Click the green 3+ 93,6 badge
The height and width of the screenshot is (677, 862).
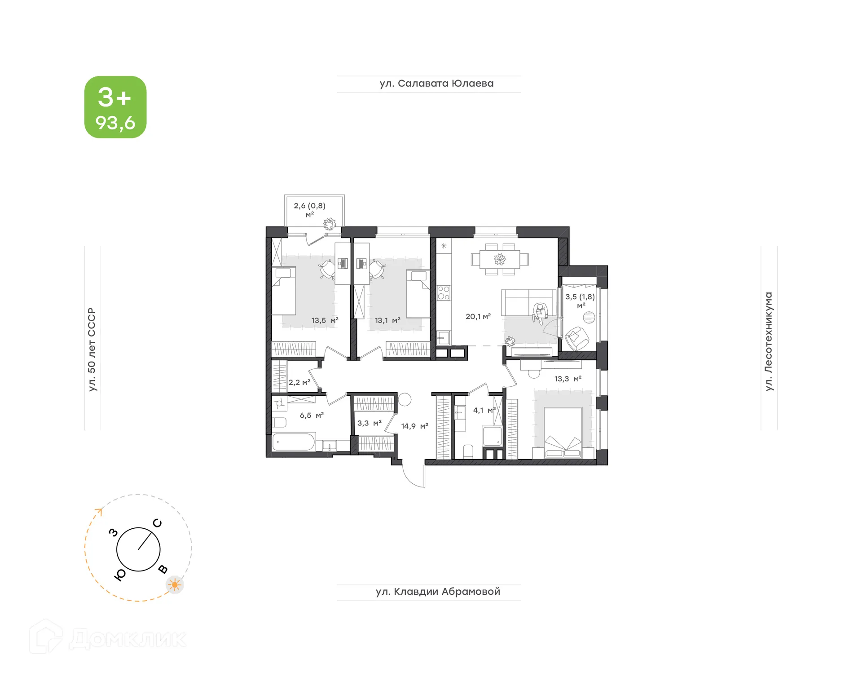[115, 107]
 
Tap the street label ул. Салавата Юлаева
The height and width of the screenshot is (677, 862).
[436, 84]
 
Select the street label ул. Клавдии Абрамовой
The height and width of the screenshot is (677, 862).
[438, 592]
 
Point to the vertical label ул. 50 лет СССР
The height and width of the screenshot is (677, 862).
[92, 349]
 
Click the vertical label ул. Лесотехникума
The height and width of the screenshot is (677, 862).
[769, 341]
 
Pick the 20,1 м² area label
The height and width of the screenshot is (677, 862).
[478, 316]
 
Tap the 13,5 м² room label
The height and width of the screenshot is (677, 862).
[325, 320]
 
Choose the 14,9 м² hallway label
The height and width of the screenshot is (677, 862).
[414, 426]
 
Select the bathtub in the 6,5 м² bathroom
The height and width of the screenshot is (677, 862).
[294, 442]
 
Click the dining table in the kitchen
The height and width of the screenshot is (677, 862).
[500, 259]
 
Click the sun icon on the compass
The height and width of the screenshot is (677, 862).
[175, 584]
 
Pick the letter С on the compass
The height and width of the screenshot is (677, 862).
[157, 523]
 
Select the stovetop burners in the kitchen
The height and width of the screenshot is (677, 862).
[444, 293]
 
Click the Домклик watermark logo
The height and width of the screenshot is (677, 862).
[108, 638]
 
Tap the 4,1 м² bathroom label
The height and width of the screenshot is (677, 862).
[484, 410]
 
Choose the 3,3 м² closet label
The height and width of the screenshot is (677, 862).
[369, 423]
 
